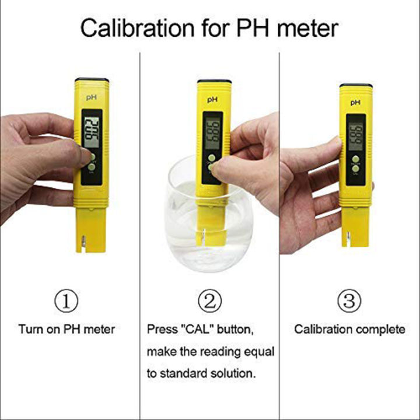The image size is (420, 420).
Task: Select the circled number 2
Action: point(209,301)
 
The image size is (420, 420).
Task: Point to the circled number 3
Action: point(349,301)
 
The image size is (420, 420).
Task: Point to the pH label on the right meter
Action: point(355,102)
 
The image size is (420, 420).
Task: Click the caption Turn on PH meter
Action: point(66,330)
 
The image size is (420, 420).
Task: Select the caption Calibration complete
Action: point(349,330)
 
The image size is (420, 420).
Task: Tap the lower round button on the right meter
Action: point(355,169)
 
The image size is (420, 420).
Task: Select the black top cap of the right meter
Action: point(355,86)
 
